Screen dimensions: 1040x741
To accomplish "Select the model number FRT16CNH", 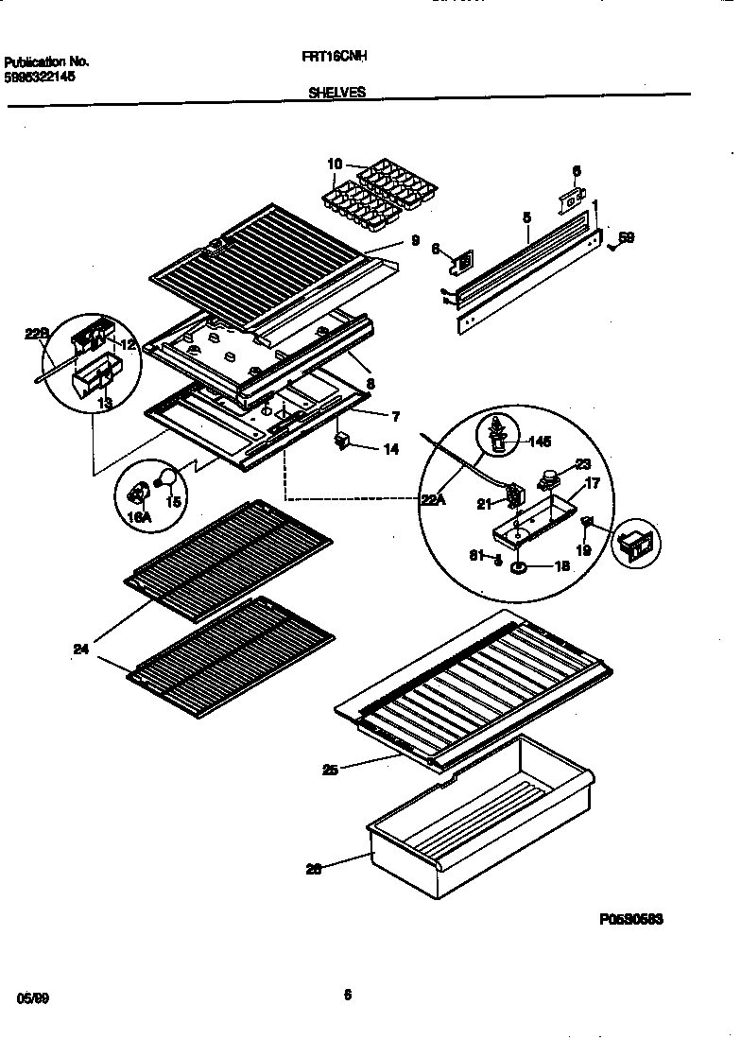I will click(335, 56).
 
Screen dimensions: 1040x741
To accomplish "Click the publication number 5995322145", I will click(40, 76).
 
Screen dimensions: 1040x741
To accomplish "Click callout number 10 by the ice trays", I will click(335, 165).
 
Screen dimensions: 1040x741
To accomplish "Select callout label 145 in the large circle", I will click(539, 442).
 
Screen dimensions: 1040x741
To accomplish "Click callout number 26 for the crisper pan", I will click(314, 869).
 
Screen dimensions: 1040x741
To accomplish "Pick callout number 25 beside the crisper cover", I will click(329, 771).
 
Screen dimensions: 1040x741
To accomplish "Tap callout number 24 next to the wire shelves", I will click(80, 649).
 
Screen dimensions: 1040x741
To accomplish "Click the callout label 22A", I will click(433, 501).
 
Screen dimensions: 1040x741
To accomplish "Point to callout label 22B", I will click(35, 334).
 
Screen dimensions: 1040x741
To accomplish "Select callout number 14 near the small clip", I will click(390, 450).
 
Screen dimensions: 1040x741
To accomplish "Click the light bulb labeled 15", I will click(168, 477).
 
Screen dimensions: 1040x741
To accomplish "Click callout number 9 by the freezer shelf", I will click(414, 241).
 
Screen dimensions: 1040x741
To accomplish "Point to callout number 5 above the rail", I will click(526, 217).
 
